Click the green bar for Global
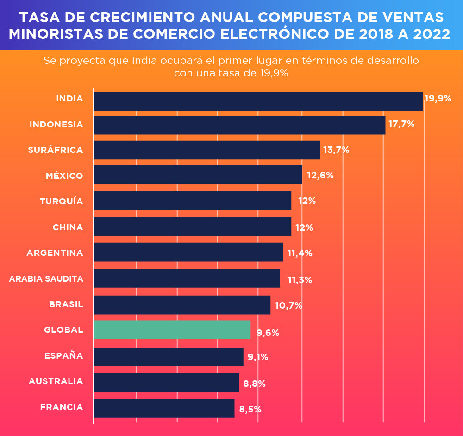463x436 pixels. [x=172, y=329]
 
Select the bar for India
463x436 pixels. [x=258, y=101]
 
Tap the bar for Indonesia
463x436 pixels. [x=239, y=125]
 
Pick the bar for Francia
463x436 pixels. [x=164, y=408]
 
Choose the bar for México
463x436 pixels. [x=198, y=175]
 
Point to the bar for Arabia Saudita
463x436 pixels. [x=187, y=278]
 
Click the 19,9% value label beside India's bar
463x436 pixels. [x=438, y=99]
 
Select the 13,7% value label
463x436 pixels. [x=336, y=150]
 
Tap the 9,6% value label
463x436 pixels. [x=268, y=333]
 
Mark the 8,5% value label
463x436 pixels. [x=250, y=410]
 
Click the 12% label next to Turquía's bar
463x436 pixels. [x=307, y=201]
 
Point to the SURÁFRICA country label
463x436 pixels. [x=56, y=150]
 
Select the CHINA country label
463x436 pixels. [x=68, y=227]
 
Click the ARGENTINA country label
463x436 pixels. [x=55, y=253]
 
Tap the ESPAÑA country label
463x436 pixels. [x=63, y=356]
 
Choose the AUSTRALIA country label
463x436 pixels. [x=56, y=381]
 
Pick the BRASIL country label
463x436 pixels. [x=66, y=304]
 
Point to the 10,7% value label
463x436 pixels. [x=288, y=306]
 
